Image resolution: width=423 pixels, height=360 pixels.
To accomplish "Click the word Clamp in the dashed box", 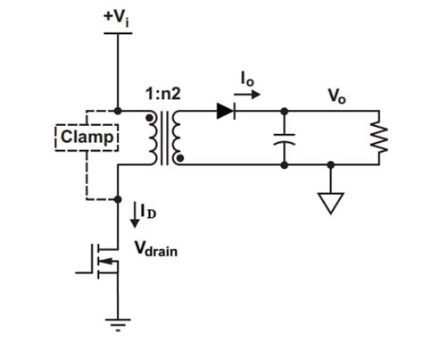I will [x=87, y=138].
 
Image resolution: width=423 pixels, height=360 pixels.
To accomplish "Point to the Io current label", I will [x=245, y=81].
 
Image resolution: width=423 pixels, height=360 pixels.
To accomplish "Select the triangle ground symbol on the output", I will [x=332, y=203].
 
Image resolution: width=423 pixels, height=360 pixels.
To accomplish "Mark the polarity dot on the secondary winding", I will [x=182, y=159].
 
